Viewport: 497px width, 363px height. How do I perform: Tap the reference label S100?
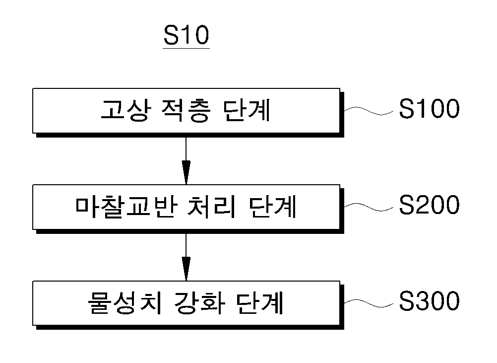click(x=429, y=109)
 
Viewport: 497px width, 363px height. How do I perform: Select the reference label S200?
click(x=429, y=205)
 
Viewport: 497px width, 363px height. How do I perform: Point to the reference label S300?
click(x=429, y=301)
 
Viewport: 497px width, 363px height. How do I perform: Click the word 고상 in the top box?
click(x=124, y=110)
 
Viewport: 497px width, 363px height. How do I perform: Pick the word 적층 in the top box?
click(x=186, y=110)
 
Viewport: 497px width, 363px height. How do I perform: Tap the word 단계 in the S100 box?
click(x=247, y=110)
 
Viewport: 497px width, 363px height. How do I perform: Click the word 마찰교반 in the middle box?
click(x=125, y=207)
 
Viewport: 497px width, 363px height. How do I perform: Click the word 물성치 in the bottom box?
click(x=124, y=303)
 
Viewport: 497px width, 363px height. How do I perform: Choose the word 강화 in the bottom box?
click(x=199, y=303)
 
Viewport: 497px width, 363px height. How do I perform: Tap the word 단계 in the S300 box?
click(x=259, y=303)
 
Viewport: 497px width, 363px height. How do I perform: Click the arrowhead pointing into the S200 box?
click(x=186, y=172)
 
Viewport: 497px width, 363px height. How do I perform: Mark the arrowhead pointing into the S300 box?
click(x=186, y=269)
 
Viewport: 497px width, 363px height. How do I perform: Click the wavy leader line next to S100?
click(x=369, y=111)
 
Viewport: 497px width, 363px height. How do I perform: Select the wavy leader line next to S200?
click(x=369, y=207)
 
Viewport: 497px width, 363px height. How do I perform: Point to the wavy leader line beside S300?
click(x=369, y=303)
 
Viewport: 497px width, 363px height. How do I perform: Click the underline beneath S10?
click(x=186, y=48)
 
